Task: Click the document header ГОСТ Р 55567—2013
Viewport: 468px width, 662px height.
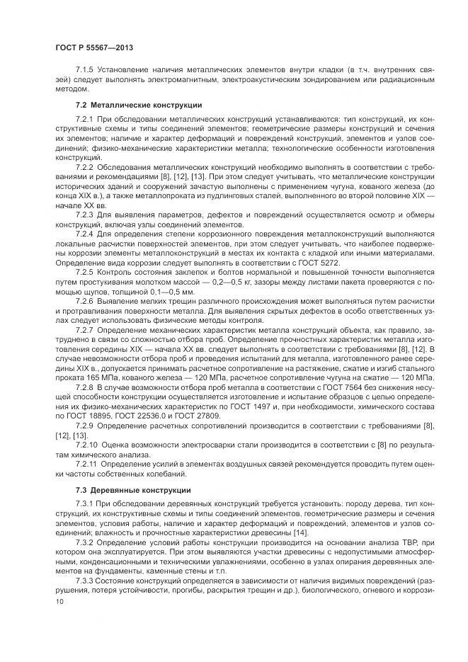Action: pyautogui.click(x=94, y=47)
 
